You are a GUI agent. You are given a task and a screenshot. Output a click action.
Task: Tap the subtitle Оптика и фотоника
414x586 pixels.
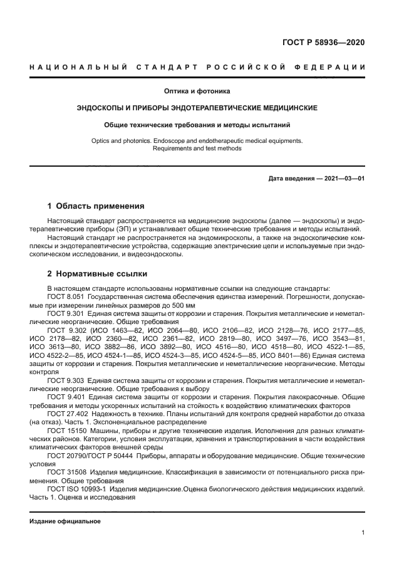click(197, 91)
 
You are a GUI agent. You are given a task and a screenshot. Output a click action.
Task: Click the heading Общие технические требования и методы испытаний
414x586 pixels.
click(197, 125)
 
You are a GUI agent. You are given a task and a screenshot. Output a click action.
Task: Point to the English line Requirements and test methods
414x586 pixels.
click(197, 149)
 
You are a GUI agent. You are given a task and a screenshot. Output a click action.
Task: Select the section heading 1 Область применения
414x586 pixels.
click(96, 206)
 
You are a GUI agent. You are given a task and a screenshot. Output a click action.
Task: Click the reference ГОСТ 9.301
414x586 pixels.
click(66, 311)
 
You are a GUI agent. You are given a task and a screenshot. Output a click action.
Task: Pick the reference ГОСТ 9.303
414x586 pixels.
click(66, 381)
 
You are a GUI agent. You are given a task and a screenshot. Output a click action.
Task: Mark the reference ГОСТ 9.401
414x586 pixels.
click(66, 397)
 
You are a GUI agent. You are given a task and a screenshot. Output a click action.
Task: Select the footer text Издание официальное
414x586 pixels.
click(65, 521)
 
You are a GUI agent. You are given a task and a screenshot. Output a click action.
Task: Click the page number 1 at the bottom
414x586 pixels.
click(363, 533)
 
